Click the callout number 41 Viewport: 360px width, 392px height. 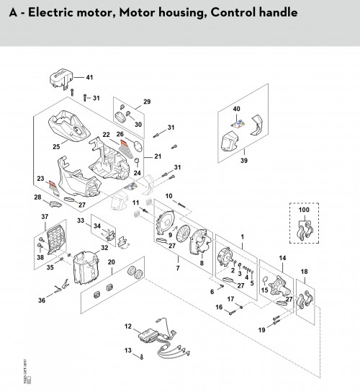(90, 77)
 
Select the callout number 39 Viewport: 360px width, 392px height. (244, 160)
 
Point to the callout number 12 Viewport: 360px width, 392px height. (128, 327)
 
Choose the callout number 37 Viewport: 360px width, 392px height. (44, 216)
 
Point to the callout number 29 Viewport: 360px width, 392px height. (146, 102)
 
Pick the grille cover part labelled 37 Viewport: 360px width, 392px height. (53, 236)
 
